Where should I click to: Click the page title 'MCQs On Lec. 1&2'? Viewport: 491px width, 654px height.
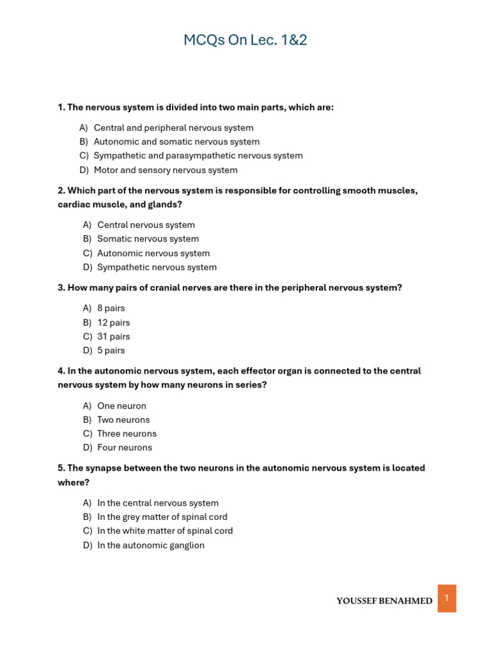coord(245,40)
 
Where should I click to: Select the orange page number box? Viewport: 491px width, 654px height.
coord(447,598)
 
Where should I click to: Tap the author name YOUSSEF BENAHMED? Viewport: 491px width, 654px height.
coord(384,601)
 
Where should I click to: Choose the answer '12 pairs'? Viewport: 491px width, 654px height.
coord(113,323)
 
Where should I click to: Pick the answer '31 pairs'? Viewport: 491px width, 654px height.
coord(113,337)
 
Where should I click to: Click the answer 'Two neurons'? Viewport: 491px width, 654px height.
coord(123,420)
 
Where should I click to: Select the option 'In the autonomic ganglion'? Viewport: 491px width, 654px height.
coord(151,545)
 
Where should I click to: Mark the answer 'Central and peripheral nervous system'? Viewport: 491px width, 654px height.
coord(173,128)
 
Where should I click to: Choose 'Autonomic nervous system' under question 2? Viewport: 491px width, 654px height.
coord(153,253)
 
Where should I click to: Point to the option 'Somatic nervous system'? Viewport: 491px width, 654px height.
coord(148,239)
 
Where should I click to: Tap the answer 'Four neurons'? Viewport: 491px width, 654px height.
coord(125,448)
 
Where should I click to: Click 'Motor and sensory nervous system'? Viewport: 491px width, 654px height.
coord(166,170)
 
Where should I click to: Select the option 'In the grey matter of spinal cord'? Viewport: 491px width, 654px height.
coord(162,517)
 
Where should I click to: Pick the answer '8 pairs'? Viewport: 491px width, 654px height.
coord(111,308)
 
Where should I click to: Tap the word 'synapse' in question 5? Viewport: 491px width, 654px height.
coord(104,468)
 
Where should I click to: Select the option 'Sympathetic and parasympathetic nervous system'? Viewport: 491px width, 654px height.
coord(198,156)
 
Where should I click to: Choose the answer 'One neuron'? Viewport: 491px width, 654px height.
coord(121,406)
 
